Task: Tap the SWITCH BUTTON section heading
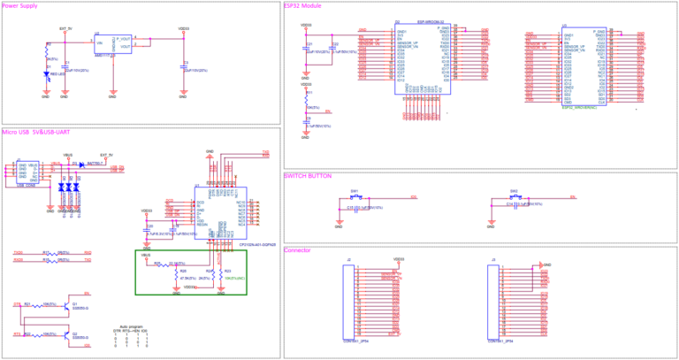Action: click(309, 175)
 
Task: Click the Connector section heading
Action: click(298, 249)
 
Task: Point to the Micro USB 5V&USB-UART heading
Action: click(36, 132)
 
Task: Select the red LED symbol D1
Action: click(46, 75)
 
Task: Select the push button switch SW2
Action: click(514, 196)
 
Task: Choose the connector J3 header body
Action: click(496, 301)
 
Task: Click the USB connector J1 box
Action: click(27, 172)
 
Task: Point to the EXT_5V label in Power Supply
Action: click(65, 28)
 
